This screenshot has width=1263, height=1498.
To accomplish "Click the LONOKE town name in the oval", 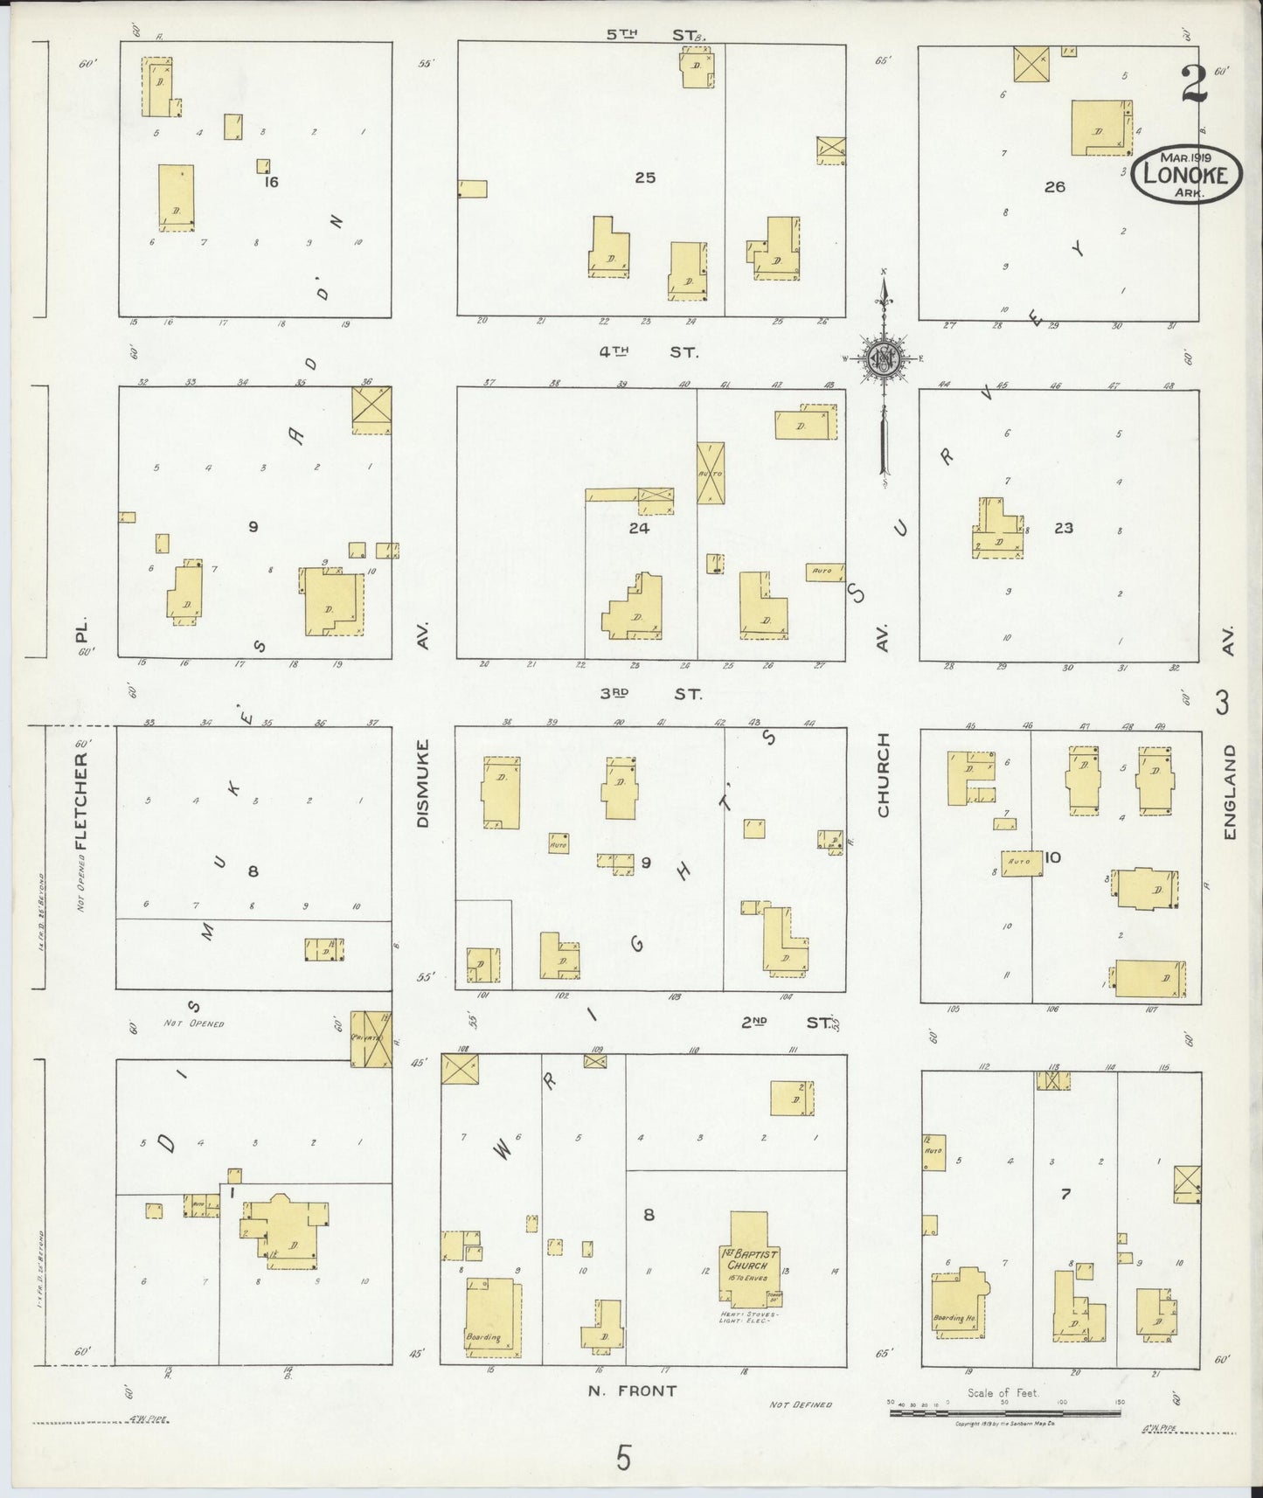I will point(1186,175).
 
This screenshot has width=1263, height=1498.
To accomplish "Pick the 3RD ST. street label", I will point(650,693).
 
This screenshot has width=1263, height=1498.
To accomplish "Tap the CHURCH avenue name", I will point(883,774).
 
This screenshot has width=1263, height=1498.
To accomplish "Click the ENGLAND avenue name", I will point(1230,792).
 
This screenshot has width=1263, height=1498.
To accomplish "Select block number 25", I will point(645,177).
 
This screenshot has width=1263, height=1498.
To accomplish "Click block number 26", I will point(1055,186).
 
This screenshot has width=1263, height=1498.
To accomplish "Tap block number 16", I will point(271,182).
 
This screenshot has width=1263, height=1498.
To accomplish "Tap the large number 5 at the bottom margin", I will point(623,1459).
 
